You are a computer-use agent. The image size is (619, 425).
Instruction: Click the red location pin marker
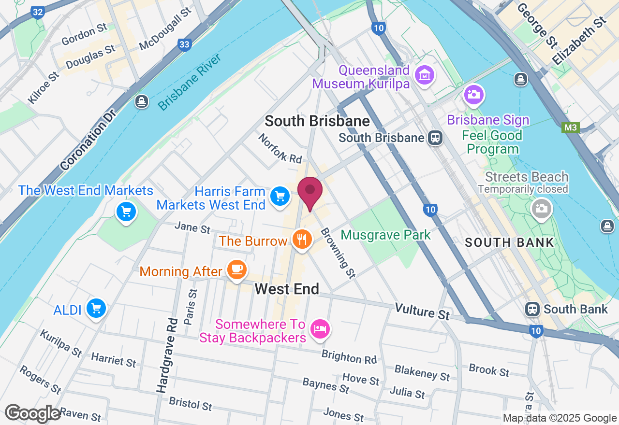coord(310,191)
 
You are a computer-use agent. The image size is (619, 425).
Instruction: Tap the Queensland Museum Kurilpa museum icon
coord(425,75)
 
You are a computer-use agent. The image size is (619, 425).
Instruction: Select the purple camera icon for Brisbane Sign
coord(473,94)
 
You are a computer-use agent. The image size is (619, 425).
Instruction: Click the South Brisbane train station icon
coord(436,138)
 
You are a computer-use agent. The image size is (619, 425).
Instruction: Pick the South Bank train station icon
coord(532,309)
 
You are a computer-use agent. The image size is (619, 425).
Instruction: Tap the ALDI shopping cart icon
coord(96,308)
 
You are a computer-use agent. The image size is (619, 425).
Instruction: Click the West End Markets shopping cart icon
coord(126,212)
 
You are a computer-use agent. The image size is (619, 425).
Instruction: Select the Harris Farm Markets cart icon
coord(280,197)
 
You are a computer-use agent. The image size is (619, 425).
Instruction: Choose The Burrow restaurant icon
coord(302,239)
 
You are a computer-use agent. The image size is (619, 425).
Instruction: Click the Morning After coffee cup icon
coord(236,269)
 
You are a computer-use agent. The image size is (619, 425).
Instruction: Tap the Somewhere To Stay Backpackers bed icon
coord(320,329)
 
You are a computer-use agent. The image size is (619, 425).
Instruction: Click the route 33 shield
coord(184,44)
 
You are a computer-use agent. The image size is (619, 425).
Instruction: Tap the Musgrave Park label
coord(385,235)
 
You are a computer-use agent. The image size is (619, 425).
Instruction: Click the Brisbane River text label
coord(189,83)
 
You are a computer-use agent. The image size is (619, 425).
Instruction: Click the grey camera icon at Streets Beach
coord(541,209)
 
